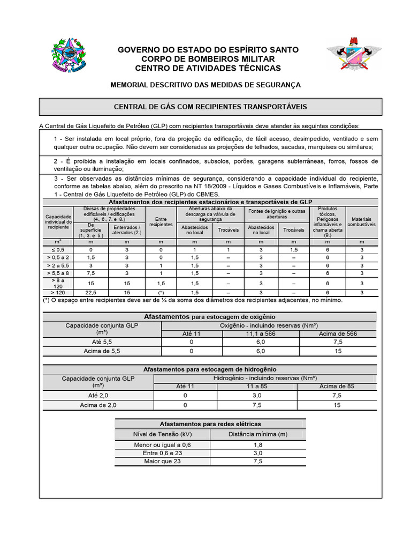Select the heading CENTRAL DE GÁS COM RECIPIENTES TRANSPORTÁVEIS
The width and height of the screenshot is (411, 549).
point(211,107)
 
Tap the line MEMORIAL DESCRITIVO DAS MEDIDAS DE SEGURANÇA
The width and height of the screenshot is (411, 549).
point(205,85)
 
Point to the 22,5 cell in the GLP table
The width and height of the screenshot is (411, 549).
point(91,292)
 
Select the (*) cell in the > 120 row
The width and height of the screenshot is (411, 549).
point(161,292)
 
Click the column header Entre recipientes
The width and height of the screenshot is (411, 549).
point(161,221)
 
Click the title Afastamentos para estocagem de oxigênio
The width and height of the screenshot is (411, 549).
point(210,316)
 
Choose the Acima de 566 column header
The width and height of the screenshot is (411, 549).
point(337,333)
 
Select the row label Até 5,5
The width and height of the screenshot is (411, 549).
point(101,342)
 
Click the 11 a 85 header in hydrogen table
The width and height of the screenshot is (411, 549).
point(257,386)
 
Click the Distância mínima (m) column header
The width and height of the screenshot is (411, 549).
point(258,434)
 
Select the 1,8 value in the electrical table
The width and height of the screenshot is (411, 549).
point(258,445)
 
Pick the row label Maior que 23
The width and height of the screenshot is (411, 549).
point(162,461)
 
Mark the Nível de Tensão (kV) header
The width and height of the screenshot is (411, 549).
point(162,434)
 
